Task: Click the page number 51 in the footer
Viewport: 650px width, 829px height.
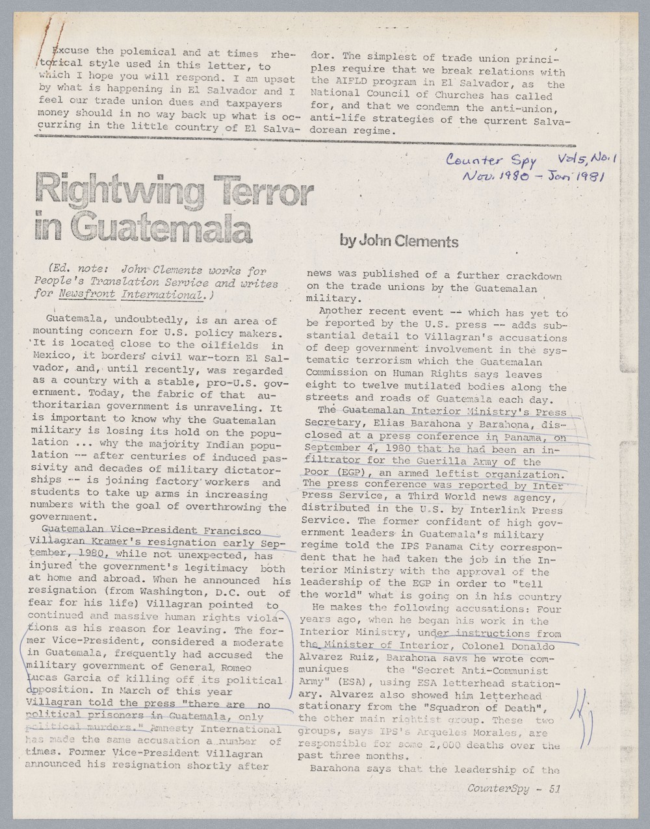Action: [x=554, y=789]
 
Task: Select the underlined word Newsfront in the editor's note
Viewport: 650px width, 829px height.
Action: [x=87, y=295]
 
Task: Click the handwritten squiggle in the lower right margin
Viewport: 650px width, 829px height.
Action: [x=581, y=721]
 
